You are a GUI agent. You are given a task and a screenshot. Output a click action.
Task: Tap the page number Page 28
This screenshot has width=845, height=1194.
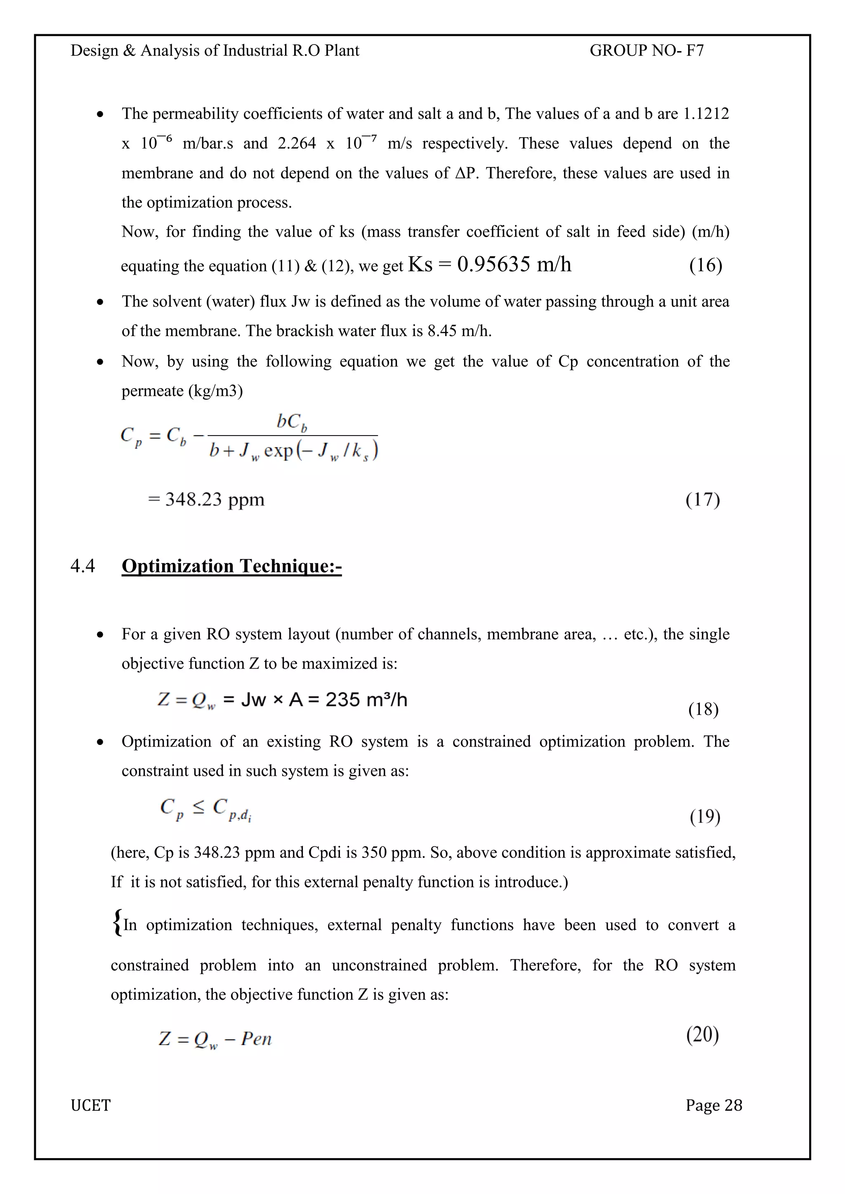click(x=713, y=1105)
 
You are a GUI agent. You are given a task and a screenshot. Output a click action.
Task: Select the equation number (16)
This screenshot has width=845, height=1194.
click(x=706, y=265)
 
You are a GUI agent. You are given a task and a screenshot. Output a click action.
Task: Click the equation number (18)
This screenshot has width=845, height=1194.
click(x=703, y=709)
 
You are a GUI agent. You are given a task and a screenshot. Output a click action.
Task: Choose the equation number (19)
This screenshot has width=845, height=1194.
click(x=705, y=817)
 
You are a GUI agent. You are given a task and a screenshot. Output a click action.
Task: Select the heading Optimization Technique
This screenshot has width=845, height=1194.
click(x=231, y=566)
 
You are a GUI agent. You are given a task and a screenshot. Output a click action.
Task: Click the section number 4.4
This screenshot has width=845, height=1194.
click(x=83, y=566)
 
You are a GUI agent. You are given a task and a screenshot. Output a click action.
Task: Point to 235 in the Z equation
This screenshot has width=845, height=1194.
click(x=342, y=699)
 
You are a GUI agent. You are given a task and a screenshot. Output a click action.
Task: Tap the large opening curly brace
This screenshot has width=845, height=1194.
click(x=117, y=923)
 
